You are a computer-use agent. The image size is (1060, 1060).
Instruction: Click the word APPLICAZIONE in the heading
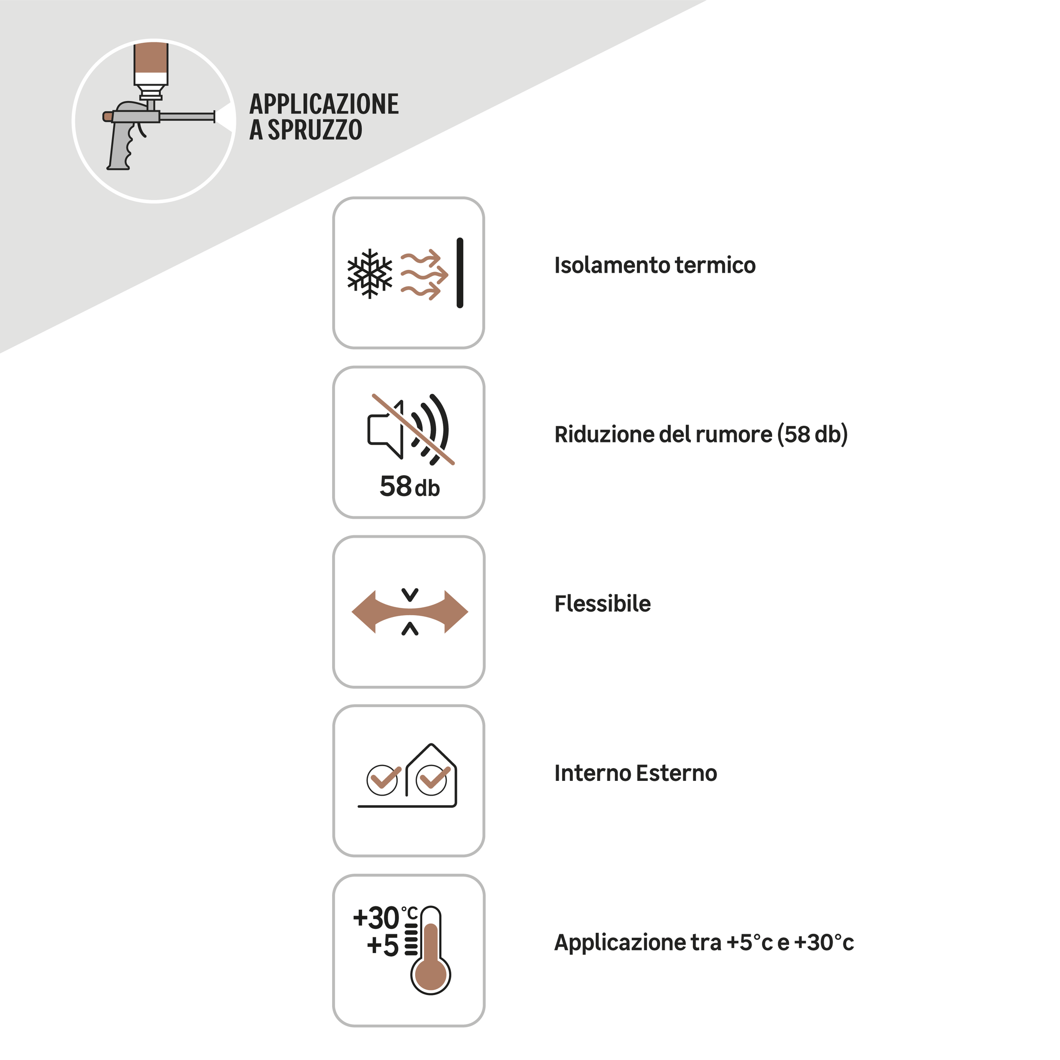point(324,104)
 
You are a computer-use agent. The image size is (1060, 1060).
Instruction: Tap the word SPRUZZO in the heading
point(315,130)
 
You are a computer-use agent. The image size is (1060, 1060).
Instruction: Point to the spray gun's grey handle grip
point(121,145)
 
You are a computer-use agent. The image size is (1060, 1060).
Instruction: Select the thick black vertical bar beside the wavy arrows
point(460,273)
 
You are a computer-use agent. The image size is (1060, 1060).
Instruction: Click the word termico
point(715,265)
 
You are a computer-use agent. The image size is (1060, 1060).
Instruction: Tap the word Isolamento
point(612,265)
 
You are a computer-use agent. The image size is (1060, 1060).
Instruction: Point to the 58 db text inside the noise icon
point(410,487)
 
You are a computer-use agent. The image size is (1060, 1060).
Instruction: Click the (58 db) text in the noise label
point(813,435)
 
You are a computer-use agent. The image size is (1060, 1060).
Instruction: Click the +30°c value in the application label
point(824,943)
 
